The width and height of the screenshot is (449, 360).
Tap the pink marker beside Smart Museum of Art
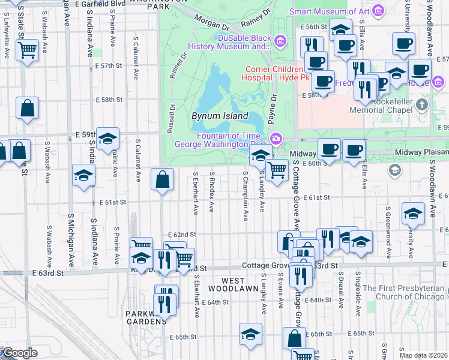click(x=378, y=11)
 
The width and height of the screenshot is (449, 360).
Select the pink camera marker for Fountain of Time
click(x=276, y=139)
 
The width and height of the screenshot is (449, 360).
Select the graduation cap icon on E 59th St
click(x=107, y=138)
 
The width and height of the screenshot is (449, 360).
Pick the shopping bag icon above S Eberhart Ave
click(x=162, y=179)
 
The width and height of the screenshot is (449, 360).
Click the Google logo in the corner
click(x=20, y=353)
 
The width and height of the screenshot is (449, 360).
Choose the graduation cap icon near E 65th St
click(x=250, y=334)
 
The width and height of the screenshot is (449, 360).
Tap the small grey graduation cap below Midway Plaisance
click(x=394, y=170)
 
